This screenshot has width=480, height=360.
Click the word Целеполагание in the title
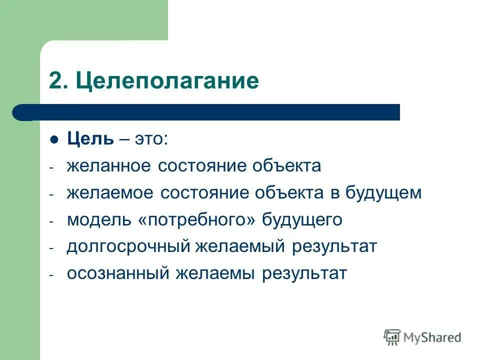[167, 81]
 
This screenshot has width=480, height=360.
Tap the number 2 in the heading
[55, 81]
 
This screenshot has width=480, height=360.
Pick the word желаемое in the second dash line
[110, 193]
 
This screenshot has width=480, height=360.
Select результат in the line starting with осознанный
[304, 274]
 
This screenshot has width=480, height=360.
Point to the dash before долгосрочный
[51, 248]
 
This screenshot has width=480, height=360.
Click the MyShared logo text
[432, 337]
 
